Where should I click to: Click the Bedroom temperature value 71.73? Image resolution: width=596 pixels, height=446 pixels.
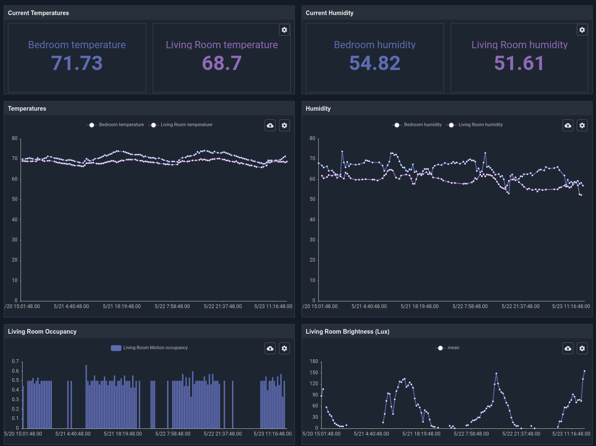click(77, 63)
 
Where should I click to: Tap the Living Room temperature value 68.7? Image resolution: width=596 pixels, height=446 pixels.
click(222, 63)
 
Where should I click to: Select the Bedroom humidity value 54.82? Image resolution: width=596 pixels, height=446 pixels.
click(374, 63)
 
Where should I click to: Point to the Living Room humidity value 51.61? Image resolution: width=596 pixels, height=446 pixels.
click(519, 63)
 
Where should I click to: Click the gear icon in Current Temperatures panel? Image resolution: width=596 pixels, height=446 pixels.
click(284, 30)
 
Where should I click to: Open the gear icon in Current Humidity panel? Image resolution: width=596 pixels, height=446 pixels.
click(582, 30)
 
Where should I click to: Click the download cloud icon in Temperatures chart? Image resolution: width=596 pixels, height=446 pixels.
click(270, 125)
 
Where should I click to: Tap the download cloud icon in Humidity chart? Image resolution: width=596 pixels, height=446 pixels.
click(568, 125)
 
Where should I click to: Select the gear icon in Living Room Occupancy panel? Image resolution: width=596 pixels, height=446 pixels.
click(284, 348)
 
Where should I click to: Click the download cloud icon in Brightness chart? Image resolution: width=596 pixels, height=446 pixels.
click(568, 348)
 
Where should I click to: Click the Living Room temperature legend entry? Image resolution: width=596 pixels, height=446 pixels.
click(181, 125)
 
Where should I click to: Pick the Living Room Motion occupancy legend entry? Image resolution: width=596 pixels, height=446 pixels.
click(150, 348)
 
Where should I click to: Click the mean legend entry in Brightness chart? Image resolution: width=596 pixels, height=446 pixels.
click(448, 348)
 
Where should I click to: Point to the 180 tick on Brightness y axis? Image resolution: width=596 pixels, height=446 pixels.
click(314, 361)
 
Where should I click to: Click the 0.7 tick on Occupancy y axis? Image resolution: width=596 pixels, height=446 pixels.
click(15, 361)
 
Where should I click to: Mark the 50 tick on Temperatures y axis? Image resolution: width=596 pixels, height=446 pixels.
click(15, 199)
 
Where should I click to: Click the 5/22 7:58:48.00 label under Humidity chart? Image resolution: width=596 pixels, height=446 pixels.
click(470, 306)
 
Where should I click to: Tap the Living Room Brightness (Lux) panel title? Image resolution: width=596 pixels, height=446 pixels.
click(347, 332)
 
